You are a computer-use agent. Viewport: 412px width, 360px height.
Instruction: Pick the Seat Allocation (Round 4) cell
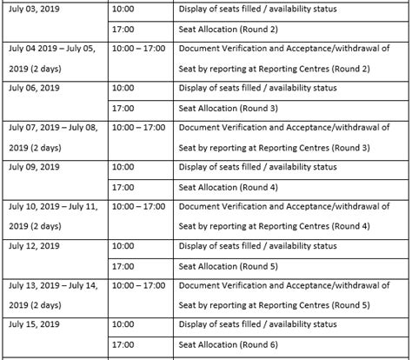click(x=216, y=186)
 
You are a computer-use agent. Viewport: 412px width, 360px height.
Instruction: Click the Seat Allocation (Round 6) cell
click(x=216, y=344)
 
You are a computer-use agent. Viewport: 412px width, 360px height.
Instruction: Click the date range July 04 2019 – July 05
click(x=53, y=49)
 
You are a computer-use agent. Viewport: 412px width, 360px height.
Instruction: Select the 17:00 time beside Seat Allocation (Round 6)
click(x=123, y=344)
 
